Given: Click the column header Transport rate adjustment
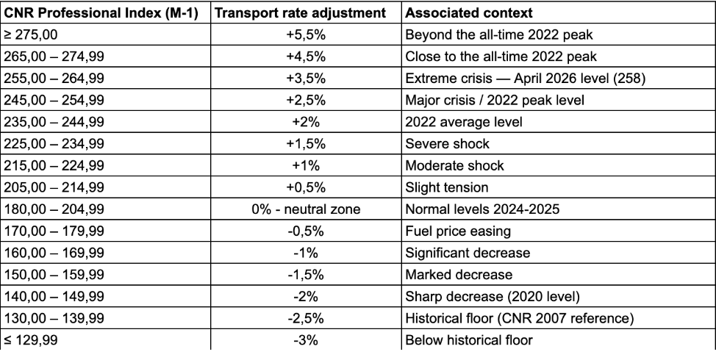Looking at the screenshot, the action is [x=300, y=12].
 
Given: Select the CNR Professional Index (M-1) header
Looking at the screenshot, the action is [x=101, y=12].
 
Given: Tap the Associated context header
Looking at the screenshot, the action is [x=468, y=12].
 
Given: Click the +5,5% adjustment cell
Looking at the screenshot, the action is [x=306, y=35].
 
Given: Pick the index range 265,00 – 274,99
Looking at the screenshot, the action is [x=54, y=57].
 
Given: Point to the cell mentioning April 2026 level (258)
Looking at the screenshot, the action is [x=525, y=79].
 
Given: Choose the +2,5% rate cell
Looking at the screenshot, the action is [x=306, y=100].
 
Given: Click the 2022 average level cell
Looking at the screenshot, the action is [x=463, y=122].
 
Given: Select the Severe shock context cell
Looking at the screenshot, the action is [x=447, y=144].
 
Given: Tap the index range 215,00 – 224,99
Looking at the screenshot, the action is [x=54, y=165].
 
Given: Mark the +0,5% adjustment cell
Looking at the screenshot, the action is [x=306, y=187].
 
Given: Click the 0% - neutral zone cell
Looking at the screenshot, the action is [x=306, y=209].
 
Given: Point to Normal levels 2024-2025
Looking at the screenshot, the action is [x=482, y=209].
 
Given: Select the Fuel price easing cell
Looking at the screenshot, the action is [x=458, y=231].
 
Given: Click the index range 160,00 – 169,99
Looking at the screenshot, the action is [x=54, y=253].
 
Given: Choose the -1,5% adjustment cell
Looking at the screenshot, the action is [x=306, y=275].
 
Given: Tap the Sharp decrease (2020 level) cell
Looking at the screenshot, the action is [x=493, y=297].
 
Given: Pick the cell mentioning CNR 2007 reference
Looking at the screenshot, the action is [x=520, y=318].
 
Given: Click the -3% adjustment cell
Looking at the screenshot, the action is [x=306, y=340].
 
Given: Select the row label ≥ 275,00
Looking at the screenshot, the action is [x=31, y=35].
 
